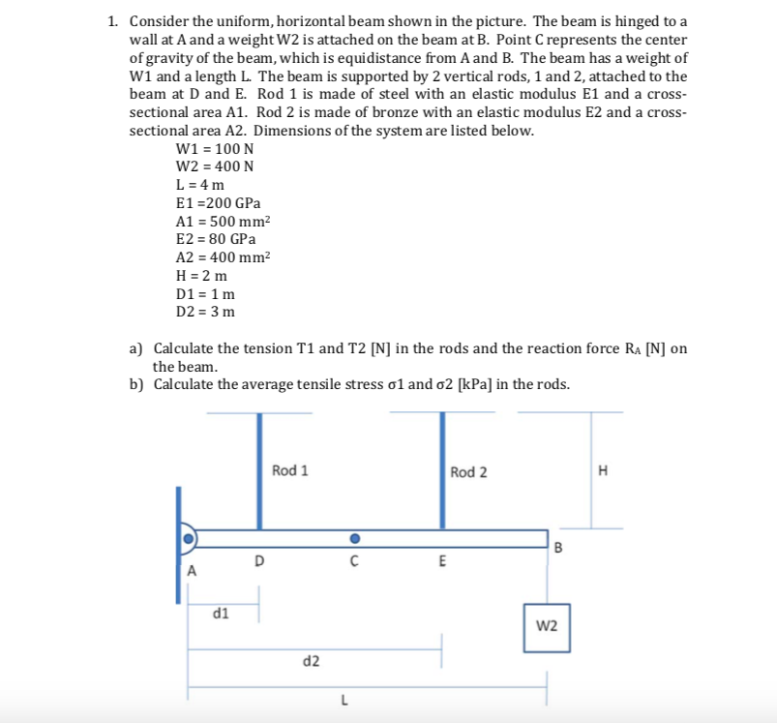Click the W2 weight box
coord(546,626)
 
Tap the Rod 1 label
coord(290,470)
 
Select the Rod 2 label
coord(468,471)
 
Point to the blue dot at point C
coord(355,538)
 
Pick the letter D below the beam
coord(258,560)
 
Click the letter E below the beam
coord(442,560)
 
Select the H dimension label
coord(605,471)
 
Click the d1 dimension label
coord(221,612)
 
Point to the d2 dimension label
coord(312,661)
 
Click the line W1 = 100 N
coord(215,149)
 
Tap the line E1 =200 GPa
coord(218,203)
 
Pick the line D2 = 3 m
coord(205,312)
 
